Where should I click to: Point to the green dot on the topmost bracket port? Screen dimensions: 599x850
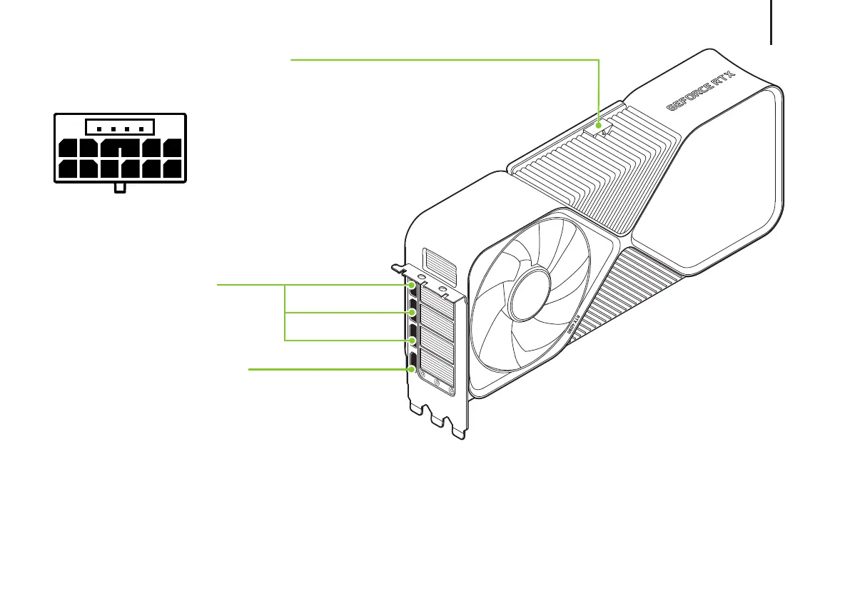pos(412,284)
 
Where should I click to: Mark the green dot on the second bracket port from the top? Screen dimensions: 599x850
pos(412,312)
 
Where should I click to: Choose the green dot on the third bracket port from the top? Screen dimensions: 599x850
pos(412,340)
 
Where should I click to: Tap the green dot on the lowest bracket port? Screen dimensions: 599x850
pos(412,369)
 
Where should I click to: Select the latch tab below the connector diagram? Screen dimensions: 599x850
pos(120,188)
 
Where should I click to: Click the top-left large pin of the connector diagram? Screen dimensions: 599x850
pos(69,149)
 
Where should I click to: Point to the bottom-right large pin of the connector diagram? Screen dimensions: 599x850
pos(173,170)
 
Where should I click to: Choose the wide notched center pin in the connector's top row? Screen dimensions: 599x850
pos(121,149)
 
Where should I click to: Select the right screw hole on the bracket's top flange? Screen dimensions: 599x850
pos(444,291)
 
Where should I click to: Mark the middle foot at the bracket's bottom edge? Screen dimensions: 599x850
pos(436,421)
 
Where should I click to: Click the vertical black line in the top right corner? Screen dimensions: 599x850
pos(771,21)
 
